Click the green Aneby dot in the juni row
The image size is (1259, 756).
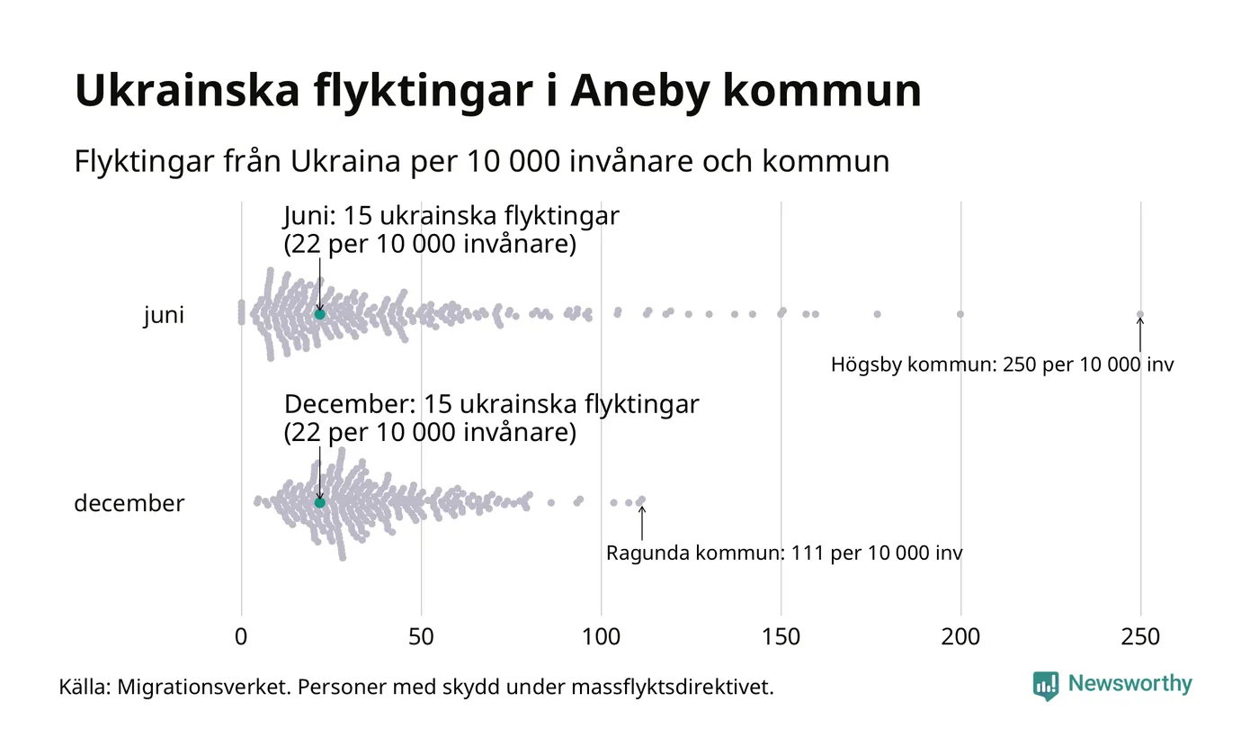[x=319, y=314]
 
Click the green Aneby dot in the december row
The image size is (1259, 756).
[x=319, y=502]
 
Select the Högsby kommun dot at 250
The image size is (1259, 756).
[x=1140, y=314]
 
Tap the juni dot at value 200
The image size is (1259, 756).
[x=960, y=314]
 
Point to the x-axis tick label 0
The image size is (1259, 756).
[x=241, y=637]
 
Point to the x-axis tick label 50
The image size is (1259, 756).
[x=421, y=637]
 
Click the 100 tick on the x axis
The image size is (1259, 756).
[x=601, y=637]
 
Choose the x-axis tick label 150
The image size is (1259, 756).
[x=781, y=637]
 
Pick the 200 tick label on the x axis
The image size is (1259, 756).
[x=960, y=637]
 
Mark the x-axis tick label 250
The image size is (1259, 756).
[x=1140, y=637]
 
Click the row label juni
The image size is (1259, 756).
[x=164, y=316]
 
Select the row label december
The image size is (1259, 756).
[x=129, y=503]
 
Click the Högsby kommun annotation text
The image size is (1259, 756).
[x=1002, y=365]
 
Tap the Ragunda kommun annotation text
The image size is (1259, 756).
[x=783, y=553]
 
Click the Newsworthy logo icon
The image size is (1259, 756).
[x=1045, y=686]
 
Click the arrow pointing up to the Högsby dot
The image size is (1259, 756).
[x=1140, y=335]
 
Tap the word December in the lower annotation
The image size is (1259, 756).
[x=350, y=405]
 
